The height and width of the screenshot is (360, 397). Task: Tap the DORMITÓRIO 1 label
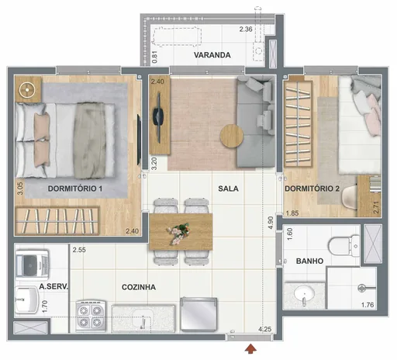point(75,189)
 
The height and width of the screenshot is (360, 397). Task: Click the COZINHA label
point(139,287)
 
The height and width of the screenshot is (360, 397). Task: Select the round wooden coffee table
point(232,136)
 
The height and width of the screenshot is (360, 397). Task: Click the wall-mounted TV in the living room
point(157,116)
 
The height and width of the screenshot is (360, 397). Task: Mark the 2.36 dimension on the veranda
point(246,29)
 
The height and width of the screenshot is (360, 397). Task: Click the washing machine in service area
point(34,261)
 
